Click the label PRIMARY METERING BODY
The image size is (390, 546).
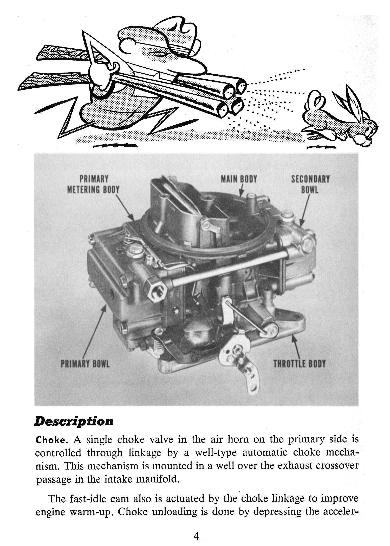pyautogui.click(x=93, y=184)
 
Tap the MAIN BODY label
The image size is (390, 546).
pyautogui.click(x=239, y=179)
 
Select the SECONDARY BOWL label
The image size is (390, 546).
pyautogui.click(x=310, y=184)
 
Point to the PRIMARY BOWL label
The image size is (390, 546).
pyautogui.click(x=85, y=364)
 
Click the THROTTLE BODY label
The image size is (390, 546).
pyautogui.click(x=299, y=364)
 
